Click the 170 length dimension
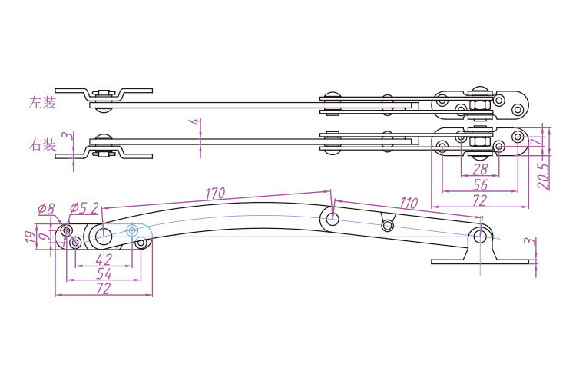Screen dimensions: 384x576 (x=215, y=193)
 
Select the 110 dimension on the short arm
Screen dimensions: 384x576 (x=408, y=204)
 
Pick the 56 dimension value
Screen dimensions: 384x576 (x=481, y=184)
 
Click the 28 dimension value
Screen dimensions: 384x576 (x=481, y=169)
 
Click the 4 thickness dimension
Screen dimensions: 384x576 (x=197, y=122)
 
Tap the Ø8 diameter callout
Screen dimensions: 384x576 (x=47, y=208)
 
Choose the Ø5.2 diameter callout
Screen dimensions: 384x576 (x=84, y=208)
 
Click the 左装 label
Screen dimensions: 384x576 (x=43, y=102)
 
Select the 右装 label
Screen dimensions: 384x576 (x=43, y=144)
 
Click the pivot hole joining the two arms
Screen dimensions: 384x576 (x=333, y=220)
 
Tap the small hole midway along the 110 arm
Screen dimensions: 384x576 (x=386, y=225)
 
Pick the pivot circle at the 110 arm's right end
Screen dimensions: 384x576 (x=481, y=236)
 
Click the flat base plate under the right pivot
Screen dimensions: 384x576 (x=481, y=262)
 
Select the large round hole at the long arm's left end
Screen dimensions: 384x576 (x=103, y=236)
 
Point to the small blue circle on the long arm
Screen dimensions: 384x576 (x=133, y=230)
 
